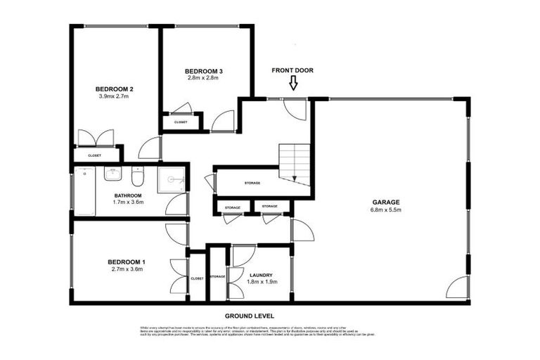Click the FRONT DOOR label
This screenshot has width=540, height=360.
(292, 70)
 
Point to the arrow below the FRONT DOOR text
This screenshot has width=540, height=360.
(293, 84)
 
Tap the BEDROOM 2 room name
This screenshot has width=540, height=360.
(115, 89)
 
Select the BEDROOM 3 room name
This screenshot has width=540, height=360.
(204, 71)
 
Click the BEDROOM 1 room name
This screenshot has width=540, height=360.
(127, 260)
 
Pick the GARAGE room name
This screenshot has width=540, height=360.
(386, 202)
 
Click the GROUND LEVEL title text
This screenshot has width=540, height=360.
(250, 316)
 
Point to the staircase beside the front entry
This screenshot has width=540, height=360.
(294, 162)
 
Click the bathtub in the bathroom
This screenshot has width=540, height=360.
(84, 191)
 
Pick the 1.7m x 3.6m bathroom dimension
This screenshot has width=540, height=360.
(129, 202)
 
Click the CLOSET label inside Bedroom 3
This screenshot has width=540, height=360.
(181, 122)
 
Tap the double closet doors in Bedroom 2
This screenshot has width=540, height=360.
(95, 138)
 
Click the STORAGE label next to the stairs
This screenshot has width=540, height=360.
(252, 183)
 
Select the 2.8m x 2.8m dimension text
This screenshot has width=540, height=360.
(204, 78)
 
